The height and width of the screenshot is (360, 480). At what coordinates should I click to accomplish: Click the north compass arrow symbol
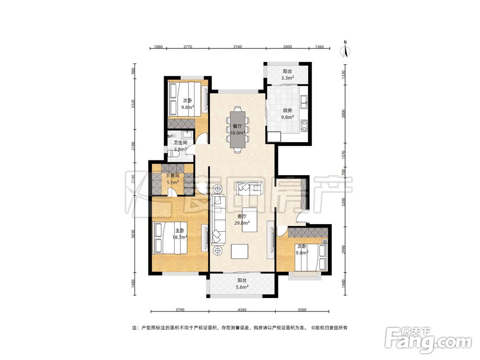pyautogui.click(x=346, y=49)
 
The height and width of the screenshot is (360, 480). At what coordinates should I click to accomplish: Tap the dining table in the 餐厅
pyautogui.click(x=238, y=129)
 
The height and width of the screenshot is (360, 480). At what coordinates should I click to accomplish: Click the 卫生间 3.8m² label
pyautogui.click(x=180, y=146)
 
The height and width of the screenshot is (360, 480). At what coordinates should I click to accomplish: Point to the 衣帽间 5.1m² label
pyautogui.click(x=173, y=179)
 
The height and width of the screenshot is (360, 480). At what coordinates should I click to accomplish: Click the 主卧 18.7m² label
pyautogui.click(x=180, y=234)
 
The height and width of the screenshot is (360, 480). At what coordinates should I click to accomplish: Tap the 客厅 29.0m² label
pyautogui.click(x=242, y=220)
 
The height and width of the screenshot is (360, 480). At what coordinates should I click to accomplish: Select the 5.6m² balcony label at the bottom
pyautogui.click(x=242, y=284)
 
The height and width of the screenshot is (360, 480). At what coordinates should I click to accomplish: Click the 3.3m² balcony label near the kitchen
pyautogui.click(x=288, y=75)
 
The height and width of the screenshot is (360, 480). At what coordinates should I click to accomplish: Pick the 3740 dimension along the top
pyautogui.click(x=237, y=47)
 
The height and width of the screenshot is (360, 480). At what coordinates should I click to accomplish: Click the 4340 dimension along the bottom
pyautogui.click(x=242, y=310)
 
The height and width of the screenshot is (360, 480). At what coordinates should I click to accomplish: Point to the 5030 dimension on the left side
pyautogui.click(x=132, y=234)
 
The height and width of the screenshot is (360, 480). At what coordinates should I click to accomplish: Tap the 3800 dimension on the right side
pyautogui.click(x=344, y=114)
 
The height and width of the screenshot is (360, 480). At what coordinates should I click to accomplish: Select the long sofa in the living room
pyautogui.click(x=218, y=220)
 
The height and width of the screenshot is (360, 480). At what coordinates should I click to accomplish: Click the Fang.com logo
pyautogui.click(x=428, y=340)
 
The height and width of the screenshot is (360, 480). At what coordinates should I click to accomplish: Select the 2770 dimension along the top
pyautogui.click(x=187, y=47)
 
